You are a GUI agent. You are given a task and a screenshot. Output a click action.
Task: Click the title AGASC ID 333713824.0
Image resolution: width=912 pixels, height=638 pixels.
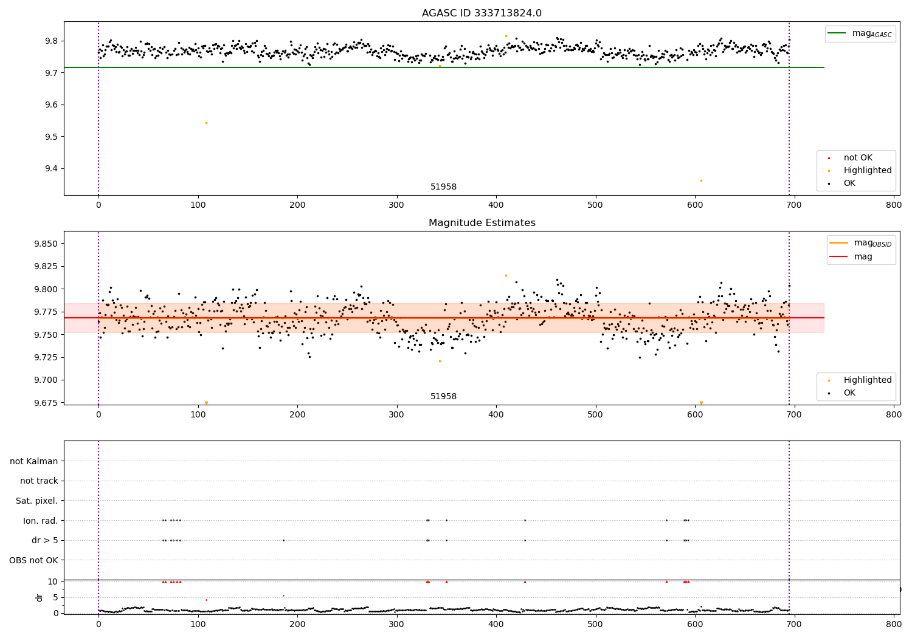click(482, 13)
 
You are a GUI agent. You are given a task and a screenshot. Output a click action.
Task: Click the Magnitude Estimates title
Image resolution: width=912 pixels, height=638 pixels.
click(482, 223)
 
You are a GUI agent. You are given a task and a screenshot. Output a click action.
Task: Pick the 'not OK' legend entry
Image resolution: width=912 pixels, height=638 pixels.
click(857, 158)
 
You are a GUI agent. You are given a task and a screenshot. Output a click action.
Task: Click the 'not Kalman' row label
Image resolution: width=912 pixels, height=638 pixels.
click(34, 461)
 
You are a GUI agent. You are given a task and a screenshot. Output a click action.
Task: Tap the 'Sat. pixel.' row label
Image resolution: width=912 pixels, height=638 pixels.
click(36, 501)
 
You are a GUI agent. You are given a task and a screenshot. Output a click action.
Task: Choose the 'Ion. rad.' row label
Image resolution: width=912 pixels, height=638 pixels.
click(40, 521)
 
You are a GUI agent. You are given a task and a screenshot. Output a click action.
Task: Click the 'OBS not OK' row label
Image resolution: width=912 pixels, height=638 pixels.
click(33, 560)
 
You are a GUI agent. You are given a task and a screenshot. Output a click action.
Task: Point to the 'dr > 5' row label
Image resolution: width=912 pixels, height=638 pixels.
click(44, 541)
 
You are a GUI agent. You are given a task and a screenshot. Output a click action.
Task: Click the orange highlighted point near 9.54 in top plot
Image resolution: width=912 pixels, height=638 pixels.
click(206, 123)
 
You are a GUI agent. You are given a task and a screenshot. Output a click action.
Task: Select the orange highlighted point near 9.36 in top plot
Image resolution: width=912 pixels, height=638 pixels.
click(701, 180)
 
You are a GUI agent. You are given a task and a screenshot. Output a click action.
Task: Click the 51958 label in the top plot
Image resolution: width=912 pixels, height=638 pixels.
click(443, 187)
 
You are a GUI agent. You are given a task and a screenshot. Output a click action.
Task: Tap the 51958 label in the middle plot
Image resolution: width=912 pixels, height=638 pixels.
click(443, 397)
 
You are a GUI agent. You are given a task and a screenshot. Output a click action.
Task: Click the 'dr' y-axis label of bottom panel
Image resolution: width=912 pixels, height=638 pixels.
click(40, 597)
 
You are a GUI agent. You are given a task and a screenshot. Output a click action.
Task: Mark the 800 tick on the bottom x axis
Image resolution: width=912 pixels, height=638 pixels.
click(893, 624)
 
